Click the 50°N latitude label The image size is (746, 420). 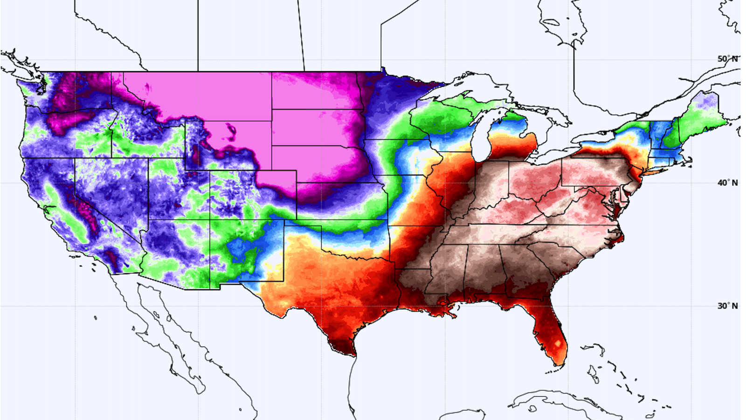coord(727,59)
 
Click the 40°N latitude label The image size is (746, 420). coord(727,183)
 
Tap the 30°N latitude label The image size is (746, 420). coord(727,306)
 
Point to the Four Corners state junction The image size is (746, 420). coord(210,219)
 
